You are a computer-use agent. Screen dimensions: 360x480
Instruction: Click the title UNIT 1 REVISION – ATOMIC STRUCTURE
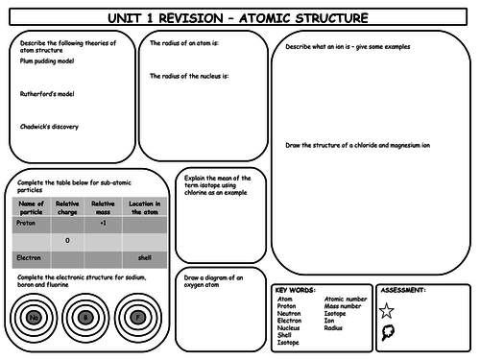pos(241,16)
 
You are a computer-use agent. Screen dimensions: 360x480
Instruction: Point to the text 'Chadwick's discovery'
pos(49,127)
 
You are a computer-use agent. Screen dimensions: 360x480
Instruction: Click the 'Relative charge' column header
pos(67,207)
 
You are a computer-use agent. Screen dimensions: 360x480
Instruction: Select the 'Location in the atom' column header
pos(144,207)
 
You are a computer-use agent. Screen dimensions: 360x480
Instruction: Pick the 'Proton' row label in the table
pos(26,223)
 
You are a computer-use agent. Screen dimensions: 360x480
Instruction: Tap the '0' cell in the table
pos(67,240)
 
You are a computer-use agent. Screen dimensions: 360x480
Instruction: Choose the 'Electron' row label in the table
pos(28,258)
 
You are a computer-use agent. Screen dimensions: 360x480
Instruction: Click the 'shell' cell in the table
pos(144,258)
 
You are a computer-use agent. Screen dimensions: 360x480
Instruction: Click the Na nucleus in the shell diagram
pos(34,317)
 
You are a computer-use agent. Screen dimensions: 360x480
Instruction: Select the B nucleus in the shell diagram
pos(85,317)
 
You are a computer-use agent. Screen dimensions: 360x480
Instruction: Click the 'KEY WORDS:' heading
pos(295,290)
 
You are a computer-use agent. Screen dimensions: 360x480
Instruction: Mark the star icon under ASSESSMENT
pos(388,310)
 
